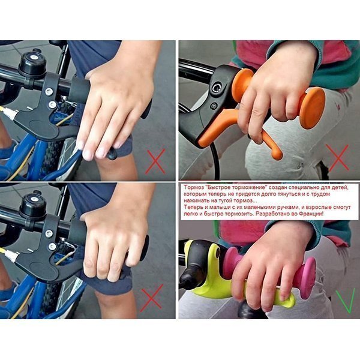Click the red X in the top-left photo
click(x=155, y=161)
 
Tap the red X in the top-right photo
click(x=337, y=158)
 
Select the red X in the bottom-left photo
click(x=152, y=298)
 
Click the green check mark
click(x=344, y=301)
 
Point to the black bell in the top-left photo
click(x=32, y=63)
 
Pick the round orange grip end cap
click(x=311, y=108)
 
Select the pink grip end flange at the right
click(x=307, y=278)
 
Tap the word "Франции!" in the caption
click(x=312, y=214)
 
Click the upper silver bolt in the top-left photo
click(x=49, y=92)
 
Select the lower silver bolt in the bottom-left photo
click(x=52, y=247)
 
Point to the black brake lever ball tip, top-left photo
click(x=112, y=154)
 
